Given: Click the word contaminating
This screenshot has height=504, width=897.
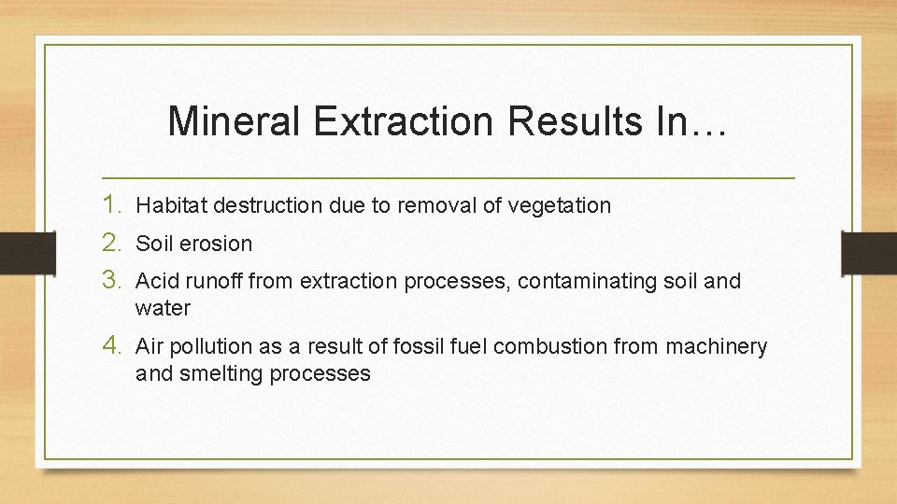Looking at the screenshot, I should click(583, 281).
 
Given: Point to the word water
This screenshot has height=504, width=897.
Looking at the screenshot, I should click(163, 308).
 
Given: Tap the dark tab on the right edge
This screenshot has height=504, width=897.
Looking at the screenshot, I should click(869, 252).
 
